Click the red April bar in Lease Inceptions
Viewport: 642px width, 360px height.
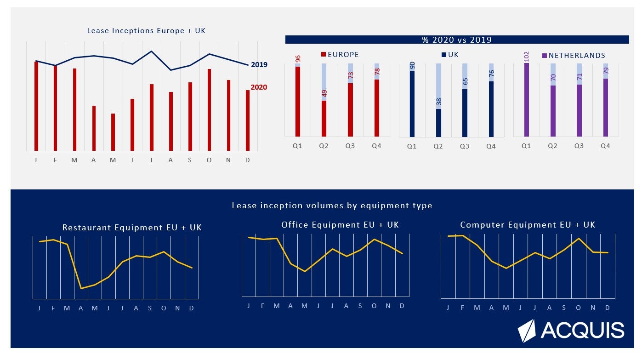coord(94,128)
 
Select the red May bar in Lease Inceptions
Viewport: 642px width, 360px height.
coord(113,132)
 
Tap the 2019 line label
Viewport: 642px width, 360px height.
coord(259,65)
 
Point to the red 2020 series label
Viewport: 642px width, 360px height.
coord(259,87)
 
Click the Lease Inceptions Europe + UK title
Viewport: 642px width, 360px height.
coord(146,31)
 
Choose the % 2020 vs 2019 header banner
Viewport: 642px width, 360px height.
coord(457,40)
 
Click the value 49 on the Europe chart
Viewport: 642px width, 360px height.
coord(324,93)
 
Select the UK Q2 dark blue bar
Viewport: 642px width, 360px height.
coord(438,123)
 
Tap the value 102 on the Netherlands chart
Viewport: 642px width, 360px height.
coord(527,57)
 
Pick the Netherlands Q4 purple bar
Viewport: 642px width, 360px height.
coord(606,108)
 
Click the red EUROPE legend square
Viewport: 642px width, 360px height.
coord(324,55)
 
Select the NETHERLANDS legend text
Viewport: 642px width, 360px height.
coord(577,56)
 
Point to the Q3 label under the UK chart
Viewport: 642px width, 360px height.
coord(465,146)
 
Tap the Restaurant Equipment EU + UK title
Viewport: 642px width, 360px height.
coord(132,228)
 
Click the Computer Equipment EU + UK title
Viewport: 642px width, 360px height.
coord(528,225)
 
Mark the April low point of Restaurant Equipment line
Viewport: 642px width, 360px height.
coord(81,289)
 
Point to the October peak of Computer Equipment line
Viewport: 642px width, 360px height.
coord(579,239)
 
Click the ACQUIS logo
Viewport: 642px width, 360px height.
coord(571,331)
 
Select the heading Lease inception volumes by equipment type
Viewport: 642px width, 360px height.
coord(332,206)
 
